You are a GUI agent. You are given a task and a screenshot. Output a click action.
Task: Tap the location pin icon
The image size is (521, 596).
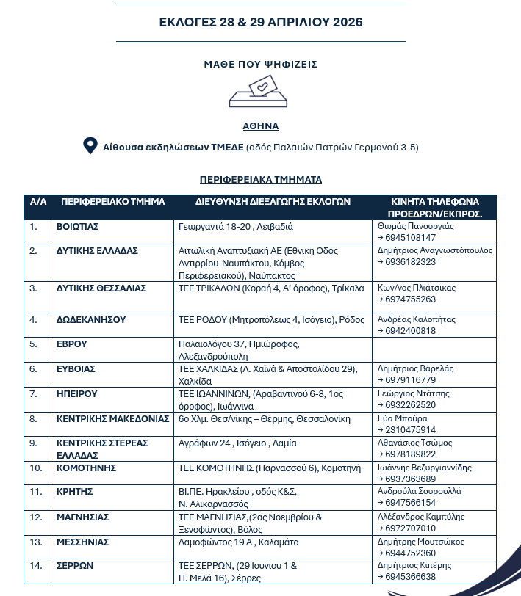90,146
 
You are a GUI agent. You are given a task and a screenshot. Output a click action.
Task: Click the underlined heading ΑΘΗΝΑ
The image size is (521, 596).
260,126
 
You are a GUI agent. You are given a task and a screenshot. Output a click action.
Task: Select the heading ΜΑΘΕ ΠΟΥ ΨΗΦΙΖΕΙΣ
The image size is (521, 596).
260,65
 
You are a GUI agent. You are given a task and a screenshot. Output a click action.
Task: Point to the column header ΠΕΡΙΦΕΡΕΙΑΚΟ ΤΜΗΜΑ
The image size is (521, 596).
113,201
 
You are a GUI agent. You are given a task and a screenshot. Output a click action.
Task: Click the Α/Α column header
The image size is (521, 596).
38,201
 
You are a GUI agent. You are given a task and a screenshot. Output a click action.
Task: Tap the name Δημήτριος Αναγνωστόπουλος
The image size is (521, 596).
434,250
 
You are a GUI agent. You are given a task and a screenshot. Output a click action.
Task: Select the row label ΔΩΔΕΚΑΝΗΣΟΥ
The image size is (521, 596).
91,320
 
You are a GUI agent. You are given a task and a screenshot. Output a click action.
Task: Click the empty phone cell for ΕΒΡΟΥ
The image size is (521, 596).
434,349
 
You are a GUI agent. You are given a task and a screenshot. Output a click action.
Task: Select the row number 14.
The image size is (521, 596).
35,566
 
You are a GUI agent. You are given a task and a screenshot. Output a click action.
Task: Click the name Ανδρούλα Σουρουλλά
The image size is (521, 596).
419,491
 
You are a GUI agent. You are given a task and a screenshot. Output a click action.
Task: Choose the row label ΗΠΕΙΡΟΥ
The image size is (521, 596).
77,393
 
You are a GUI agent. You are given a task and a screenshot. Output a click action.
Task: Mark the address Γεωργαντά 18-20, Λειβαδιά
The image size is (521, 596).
235,226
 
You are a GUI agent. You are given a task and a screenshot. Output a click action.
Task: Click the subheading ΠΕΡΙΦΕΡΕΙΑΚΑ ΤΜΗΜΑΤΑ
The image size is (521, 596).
260,179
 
